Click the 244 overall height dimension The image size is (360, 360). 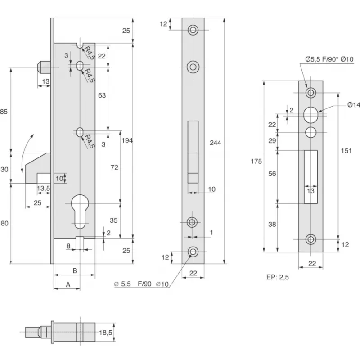216,142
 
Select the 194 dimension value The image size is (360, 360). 127,140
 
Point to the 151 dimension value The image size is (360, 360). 346,151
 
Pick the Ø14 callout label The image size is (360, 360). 354,105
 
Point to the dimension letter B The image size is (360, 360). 75,271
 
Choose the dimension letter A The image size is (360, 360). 67,284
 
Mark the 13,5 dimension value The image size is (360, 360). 43,188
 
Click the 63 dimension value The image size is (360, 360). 102,95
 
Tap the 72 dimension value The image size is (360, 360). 114,167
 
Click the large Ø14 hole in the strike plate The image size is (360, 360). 310,115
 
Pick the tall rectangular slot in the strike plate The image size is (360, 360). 310,176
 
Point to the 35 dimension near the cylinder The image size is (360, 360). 114,220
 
